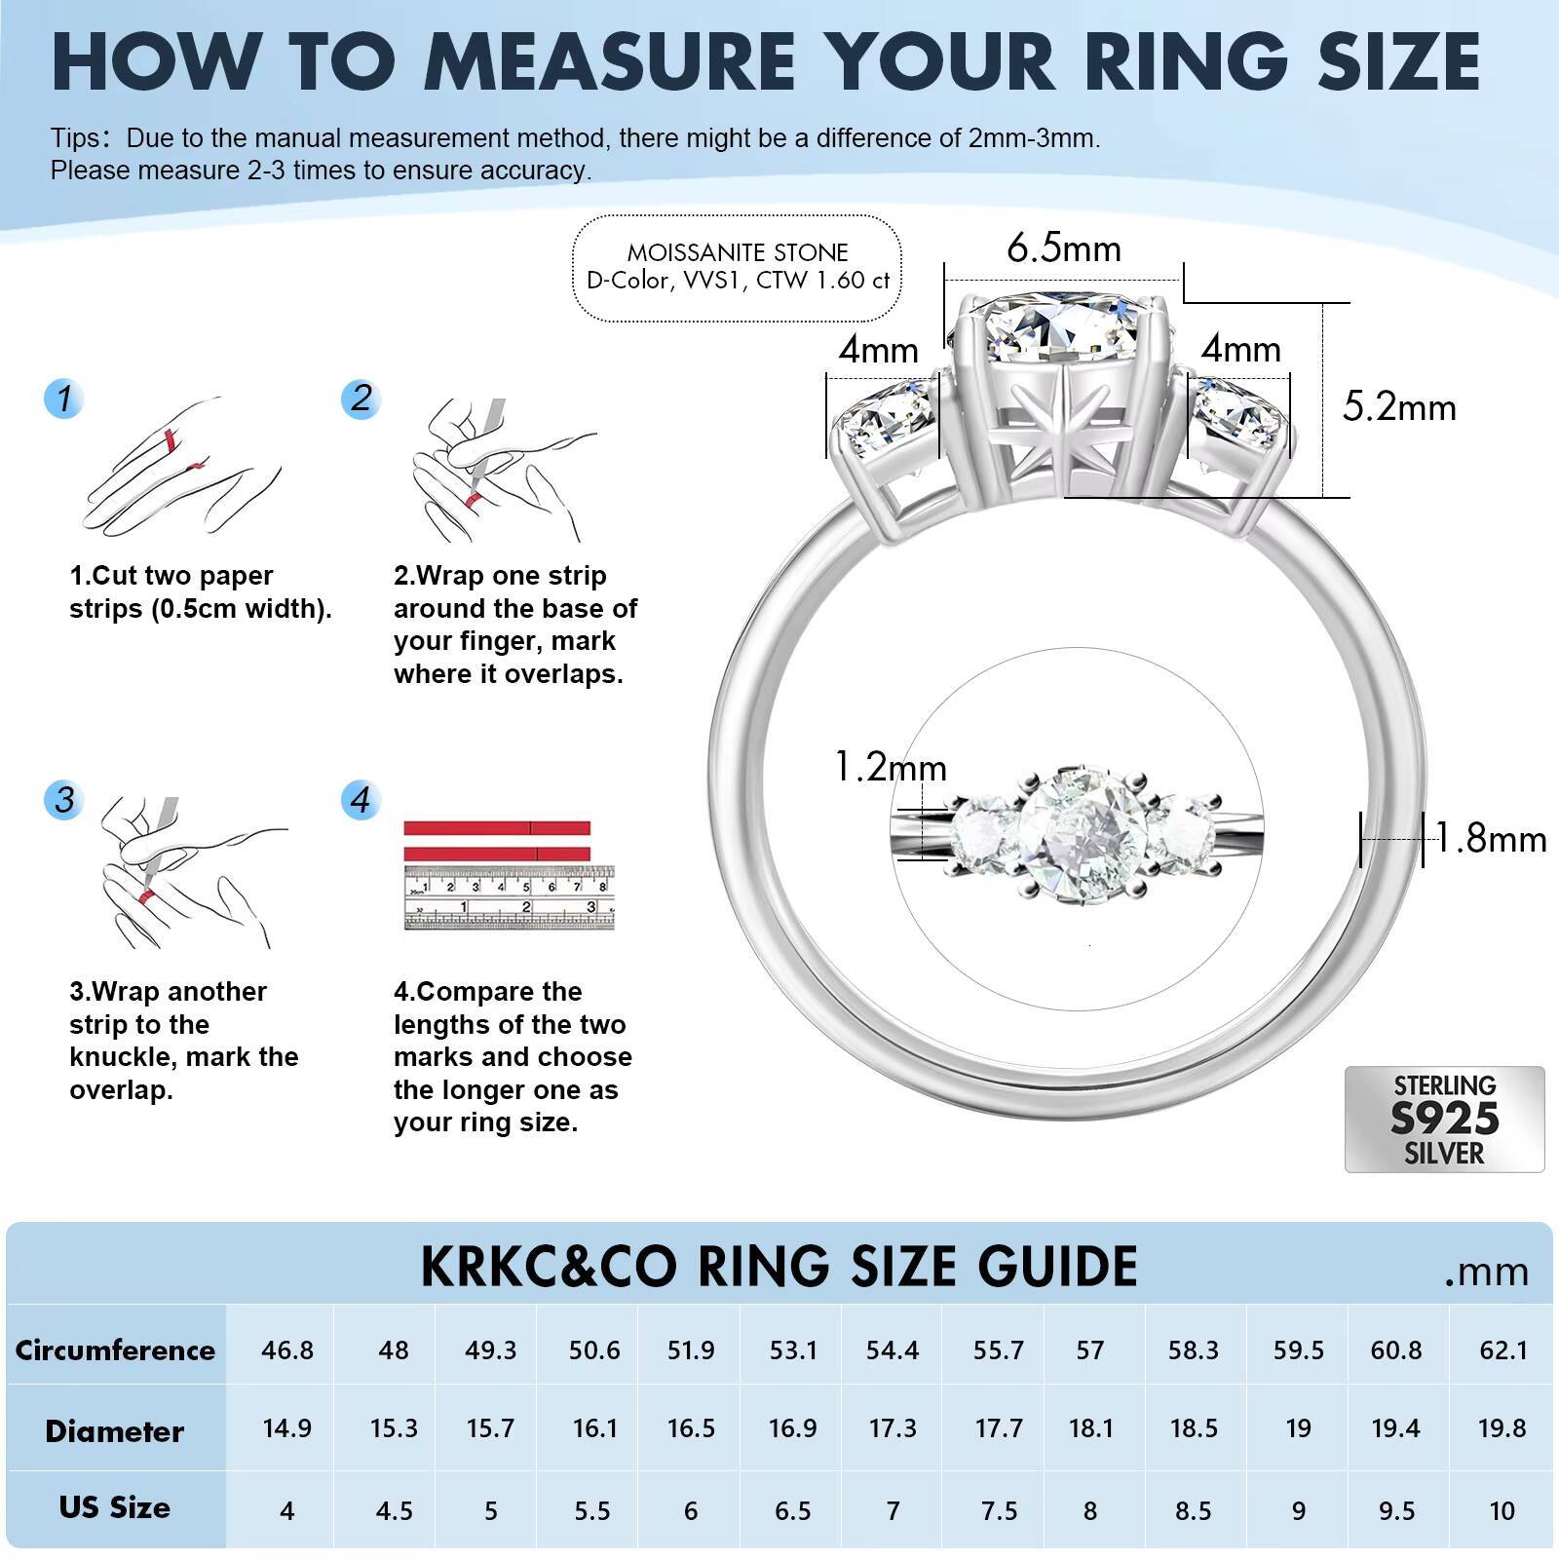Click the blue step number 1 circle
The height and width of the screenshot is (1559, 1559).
coord(64,399)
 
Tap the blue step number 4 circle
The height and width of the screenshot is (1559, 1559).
coord(361,800)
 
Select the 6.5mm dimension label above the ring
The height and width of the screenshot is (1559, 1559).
coord(1064,248)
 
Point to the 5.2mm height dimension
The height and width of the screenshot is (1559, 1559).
coord(1399,407)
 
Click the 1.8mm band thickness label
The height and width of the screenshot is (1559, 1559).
coord(1491,839)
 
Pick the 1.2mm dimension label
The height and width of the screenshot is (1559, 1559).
coord(891,768)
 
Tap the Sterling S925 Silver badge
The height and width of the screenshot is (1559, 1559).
coord(1444,1119)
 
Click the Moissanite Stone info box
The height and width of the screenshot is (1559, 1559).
coord(738,267)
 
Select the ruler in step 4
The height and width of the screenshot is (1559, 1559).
coord(510,896)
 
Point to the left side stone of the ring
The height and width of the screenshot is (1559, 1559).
coord(887,421)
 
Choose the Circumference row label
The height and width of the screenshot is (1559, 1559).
coord(115,1350)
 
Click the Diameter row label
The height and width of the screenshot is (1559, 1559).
coord(115,1430)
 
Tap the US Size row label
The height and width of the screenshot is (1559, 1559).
coord(115,1507)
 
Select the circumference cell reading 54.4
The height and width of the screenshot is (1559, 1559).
coord(893,1350)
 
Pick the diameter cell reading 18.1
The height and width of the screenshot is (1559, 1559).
coord(1090,1428)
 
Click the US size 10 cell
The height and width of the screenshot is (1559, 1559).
coord(1502,1510)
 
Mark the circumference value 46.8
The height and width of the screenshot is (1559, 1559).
coord(287,1350)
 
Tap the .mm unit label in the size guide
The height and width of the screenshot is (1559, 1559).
coord(1486,1272)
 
